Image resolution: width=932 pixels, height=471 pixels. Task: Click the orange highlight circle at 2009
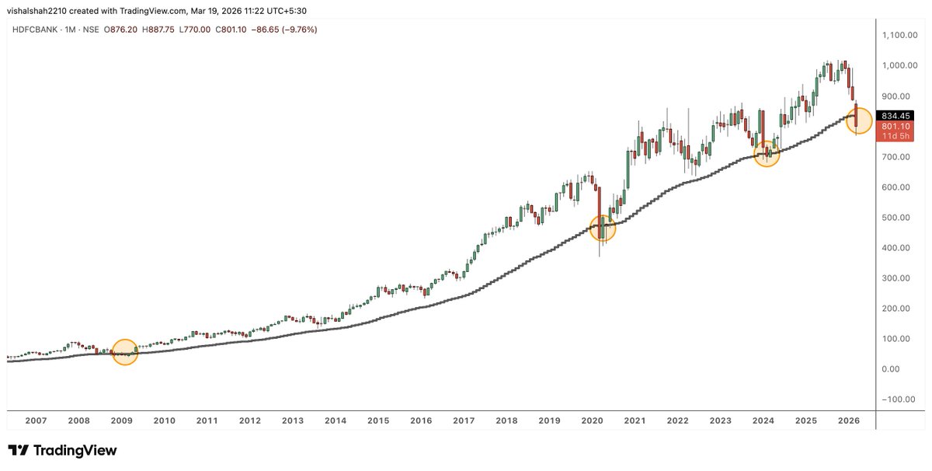(124, 352)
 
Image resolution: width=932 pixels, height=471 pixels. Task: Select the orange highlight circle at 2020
(603, 228)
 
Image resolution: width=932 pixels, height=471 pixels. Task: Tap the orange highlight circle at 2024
(767, 153)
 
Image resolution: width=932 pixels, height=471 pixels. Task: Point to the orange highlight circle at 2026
(859, 120)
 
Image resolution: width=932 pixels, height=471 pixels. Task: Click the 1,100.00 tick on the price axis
(901, 35)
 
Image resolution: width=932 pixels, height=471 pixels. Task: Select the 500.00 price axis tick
(896, 217)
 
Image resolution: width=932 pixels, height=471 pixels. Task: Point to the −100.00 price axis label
(898, 399)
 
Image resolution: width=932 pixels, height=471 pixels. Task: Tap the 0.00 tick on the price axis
(892, 368)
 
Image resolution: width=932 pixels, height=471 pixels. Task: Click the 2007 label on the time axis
(36, 420)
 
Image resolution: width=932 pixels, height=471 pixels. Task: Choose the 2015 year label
(378, 420)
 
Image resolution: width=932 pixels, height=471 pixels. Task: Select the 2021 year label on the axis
(635, 420)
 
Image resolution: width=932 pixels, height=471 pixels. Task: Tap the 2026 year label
(849, 420)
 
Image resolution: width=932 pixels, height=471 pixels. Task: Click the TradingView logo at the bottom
(62, 450)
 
